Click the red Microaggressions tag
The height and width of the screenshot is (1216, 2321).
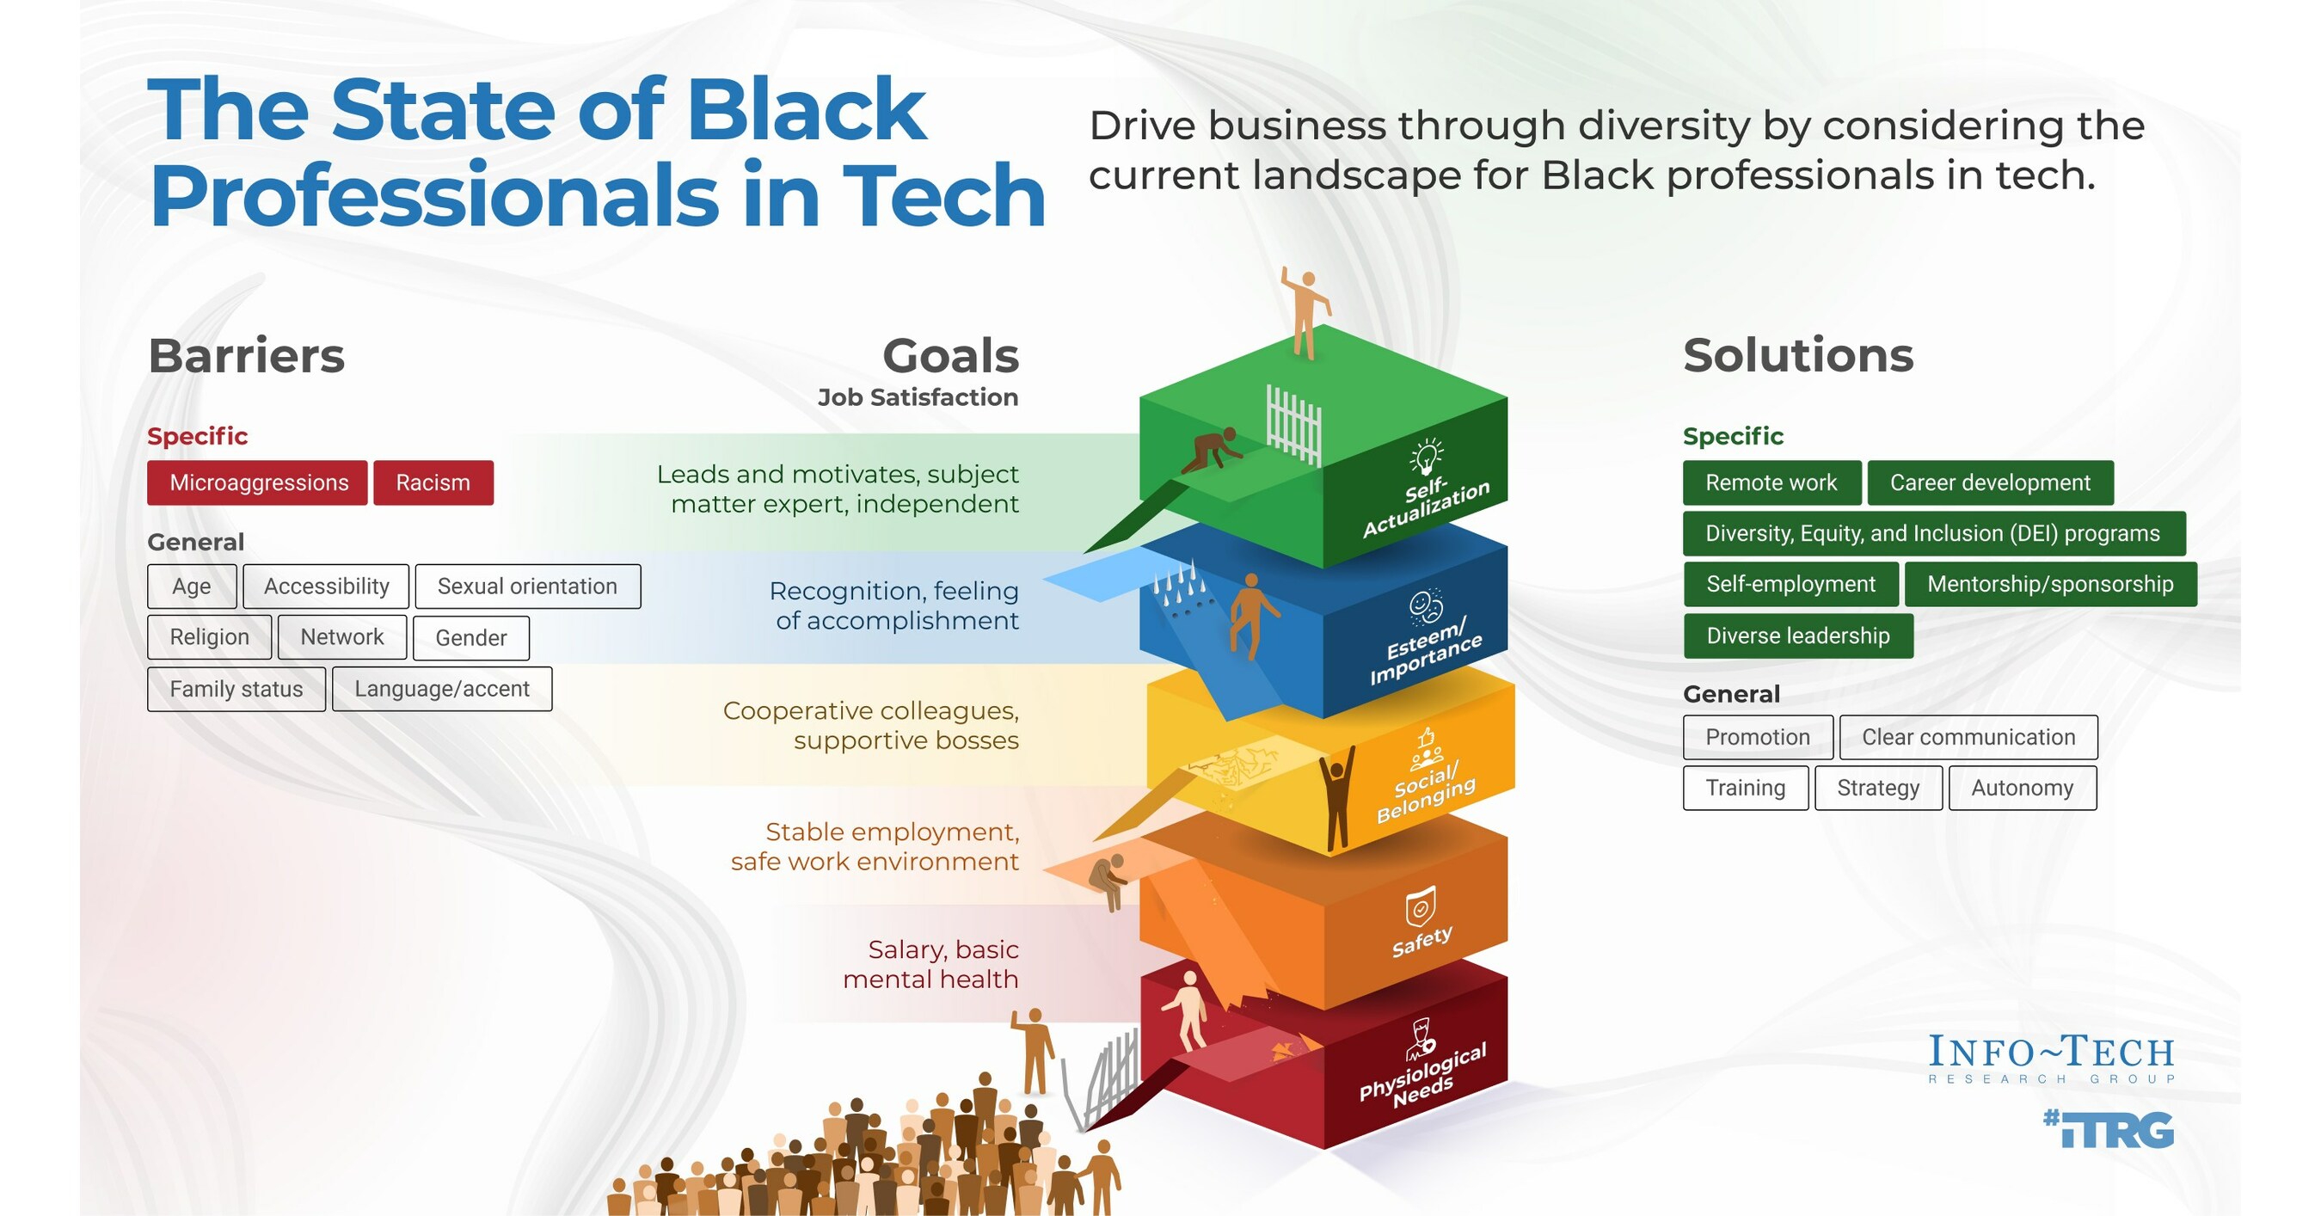click(x=258, y=482)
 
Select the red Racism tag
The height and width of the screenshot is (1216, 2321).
click(x=433, y=482)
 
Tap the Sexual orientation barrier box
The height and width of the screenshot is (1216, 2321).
click(x=527, y=587)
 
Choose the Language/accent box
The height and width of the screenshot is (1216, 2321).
click(x=441, y=689)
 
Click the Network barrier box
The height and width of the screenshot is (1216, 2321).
click(x=341, y=637)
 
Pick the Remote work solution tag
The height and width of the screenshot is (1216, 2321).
click(x=1771, y=482)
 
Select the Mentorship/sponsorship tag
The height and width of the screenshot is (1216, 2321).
click(x=2050, y=584)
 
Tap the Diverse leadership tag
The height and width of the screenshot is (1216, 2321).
click(x=1797, y=636)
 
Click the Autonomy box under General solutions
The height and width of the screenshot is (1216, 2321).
click(x=2022, y=788)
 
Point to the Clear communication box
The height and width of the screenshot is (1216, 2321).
click(x=1968, y=737)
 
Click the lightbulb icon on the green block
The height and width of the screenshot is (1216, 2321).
click(x=1427, y=456)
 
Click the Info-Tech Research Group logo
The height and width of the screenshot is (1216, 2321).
click(x=2051, y=1059)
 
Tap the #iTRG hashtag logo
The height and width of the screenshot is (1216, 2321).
click(x=2109, y=1129)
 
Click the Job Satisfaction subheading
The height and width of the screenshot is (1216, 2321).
click(x=918, y=397)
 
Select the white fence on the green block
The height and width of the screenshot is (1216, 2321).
click(x=1293, y=423)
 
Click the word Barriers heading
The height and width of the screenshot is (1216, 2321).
click(x=246, y=356)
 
